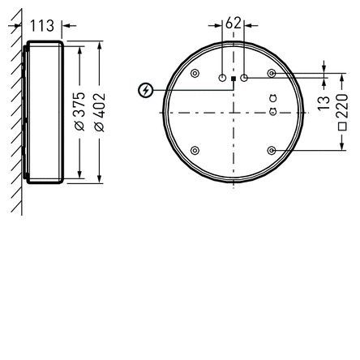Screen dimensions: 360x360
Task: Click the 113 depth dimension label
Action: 42,26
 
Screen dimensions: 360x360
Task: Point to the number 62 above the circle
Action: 233,23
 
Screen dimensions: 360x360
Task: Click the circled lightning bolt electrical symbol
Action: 145,90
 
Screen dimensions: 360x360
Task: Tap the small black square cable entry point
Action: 233,79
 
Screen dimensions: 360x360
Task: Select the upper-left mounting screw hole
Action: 194,73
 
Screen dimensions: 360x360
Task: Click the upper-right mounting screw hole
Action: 272,73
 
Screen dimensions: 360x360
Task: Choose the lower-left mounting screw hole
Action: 194,151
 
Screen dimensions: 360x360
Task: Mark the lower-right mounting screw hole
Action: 272,151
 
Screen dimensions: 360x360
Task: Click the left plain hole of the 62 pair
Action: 221,78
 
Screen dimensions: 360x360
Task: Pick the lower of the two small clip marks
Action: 272,112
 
